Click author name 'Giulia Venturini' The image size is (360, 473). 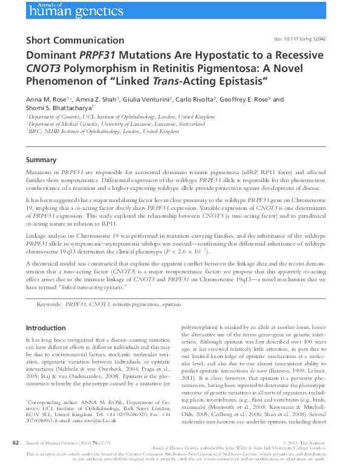pyautogui.click(x=147, y=99)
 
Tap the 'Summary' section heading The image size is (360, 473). pyautogui.click(x=41, y=160)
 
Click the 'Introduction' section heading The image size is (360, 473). pyautogui.click(x=46, y=327)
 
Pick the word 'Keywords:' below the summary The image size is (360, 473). pyautogui.click(x=49, y=305)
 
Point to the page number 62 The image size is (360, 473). pyautogui.click(x=16, y=443)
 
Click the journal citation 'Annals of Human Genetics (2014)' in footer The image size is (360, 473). pyautogui.click(x=61, y=443)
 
